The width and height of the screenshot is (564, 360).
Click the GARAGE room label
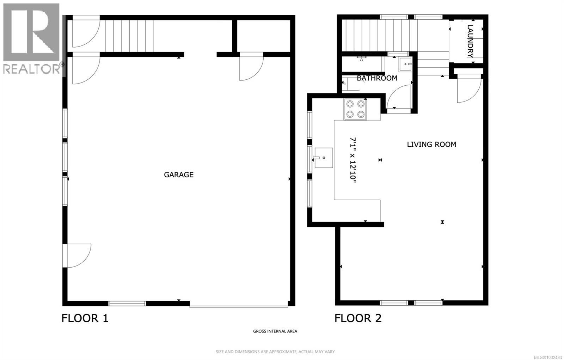click(x=179, y=175)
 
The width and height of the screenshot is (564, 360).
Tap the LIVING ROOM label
click(x=431, y=144)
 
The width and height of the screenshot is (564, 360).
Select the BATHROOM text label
click(x=377, y=78)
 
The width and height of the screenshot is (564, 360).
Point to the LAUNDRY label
click(x=470, y=41)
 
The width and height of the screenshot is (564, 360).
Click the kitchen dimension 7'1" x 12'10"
click(x=353, y=160)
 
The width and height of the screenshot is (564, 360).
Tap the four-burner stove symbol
click(x=355, y=109)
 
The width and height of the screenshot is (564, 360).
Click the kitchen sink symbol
click(x=323, y=158)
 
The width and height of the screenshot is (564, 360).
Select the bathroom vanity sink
click(x=405, y=65)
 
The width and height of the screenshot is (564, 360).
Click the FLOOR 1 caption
click(x=85, y=318)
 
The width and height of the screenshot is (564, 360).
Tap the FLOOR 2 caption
click(x=358, y=318)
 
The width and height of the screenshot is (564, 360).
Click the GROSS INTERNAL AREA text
click(x=275, y=331)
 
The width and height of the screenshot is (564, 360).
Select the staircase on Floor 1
click(x=130, y=36)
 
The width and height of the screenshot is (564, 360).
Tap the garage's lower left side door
click(x=77, y=255)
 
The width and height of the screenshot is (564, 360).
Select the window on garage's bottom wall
click(x=127, y=303)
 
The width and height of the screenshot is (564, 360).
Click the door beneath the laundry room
click(x=469, y=90)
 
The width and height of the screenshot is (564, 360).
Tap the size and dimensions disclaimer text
click(x=275, y=352)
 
